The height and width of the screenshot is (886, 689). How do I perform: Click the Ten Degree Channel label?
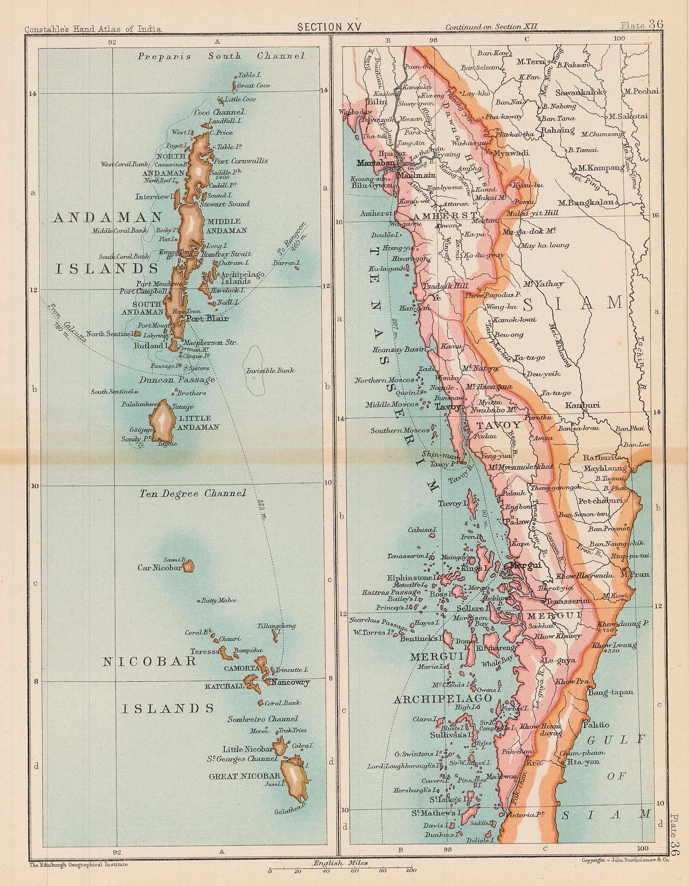[x=193, y=494]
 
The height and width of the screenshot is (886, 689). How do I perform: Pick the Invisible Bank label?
[x=270, y=370]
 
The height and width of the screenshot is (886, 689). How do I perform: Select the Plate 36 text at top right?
[x=641, y=25]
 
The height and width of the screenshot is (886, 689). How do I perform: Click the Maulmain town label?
[x=416, y=176]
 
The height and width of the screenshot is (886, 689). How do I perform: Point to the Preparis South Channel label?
[x=221, y=56]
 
